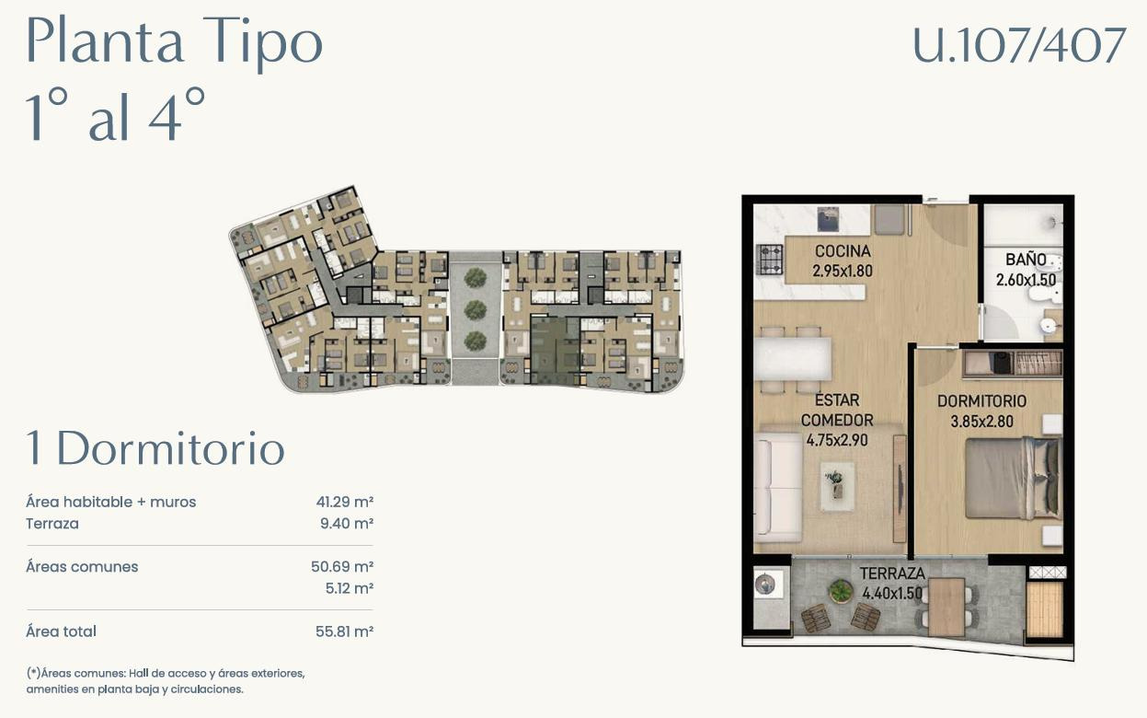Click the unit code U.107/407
(1019, 46)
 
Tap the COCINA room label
(842, 251)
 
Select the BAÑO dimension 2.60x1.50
(1026, 281)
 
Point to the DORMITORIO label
(981, 401)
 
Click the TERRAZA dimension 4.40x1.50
(891, 594)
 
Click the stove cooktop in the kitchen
(768, 260)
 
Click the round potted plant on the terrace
(840, 591)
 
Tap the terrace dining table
(946, 605)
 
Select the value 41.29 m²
(343, 503)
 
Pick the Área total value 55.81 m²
(343, 631)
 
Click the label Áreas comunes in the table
(82, 567)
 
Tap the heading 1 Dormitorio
(155, 449)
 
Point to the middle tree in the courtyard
(475, 308)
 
